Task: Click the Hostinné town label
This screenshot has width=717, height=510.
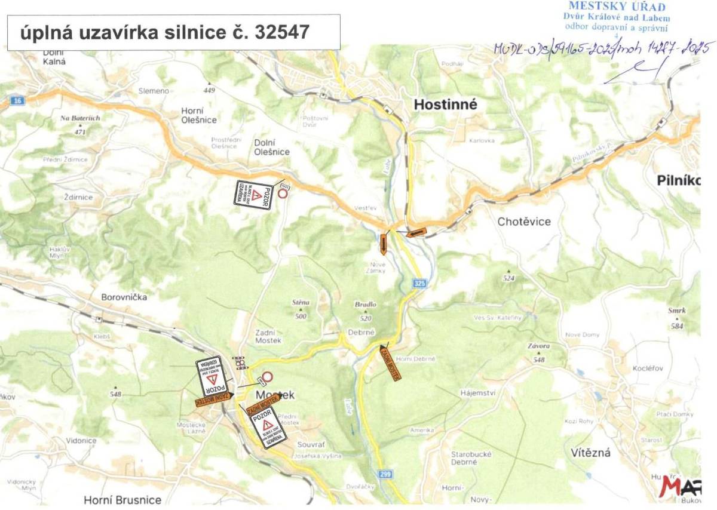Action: pos(446,105)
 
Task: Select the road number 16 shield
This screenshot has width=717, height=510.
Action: pos(17,101)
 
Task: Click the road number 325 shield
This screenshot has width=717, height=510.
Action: pos(419,285)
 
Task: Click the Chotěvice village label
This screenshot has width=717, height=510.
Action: pos(524,222)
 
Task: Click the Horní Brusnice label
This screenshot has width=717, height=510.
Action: pos(122,499)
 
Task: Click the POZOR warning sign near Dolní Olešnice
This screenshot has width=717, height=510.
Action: pos(253,195)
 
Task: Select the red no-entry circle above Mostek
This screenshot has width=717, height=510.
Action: pos(268,377)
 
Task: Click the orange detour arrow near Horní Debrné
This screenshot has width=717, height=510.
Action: pos(390,361)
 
